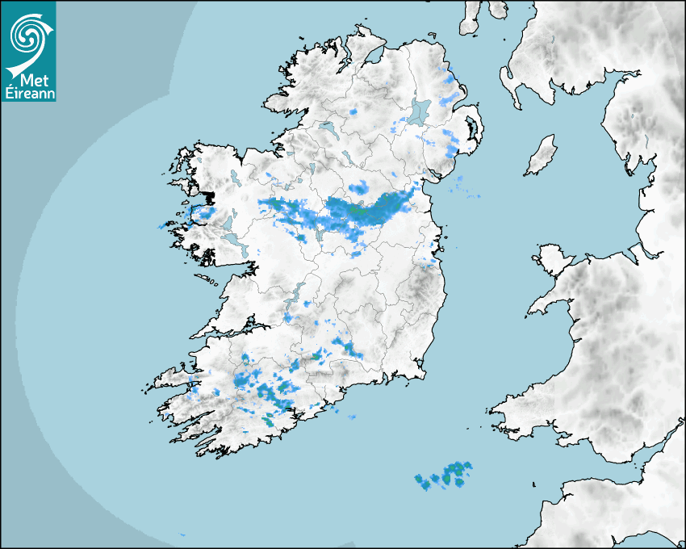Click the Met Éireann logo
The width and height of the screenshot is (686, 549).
point(28,51)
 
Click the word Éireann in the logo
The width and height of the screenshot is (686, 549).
point(28,92)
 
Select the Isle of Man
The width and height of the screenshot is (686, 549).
point(542,155)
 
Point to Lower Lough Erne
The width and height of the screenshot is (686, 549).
point(327,129)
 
